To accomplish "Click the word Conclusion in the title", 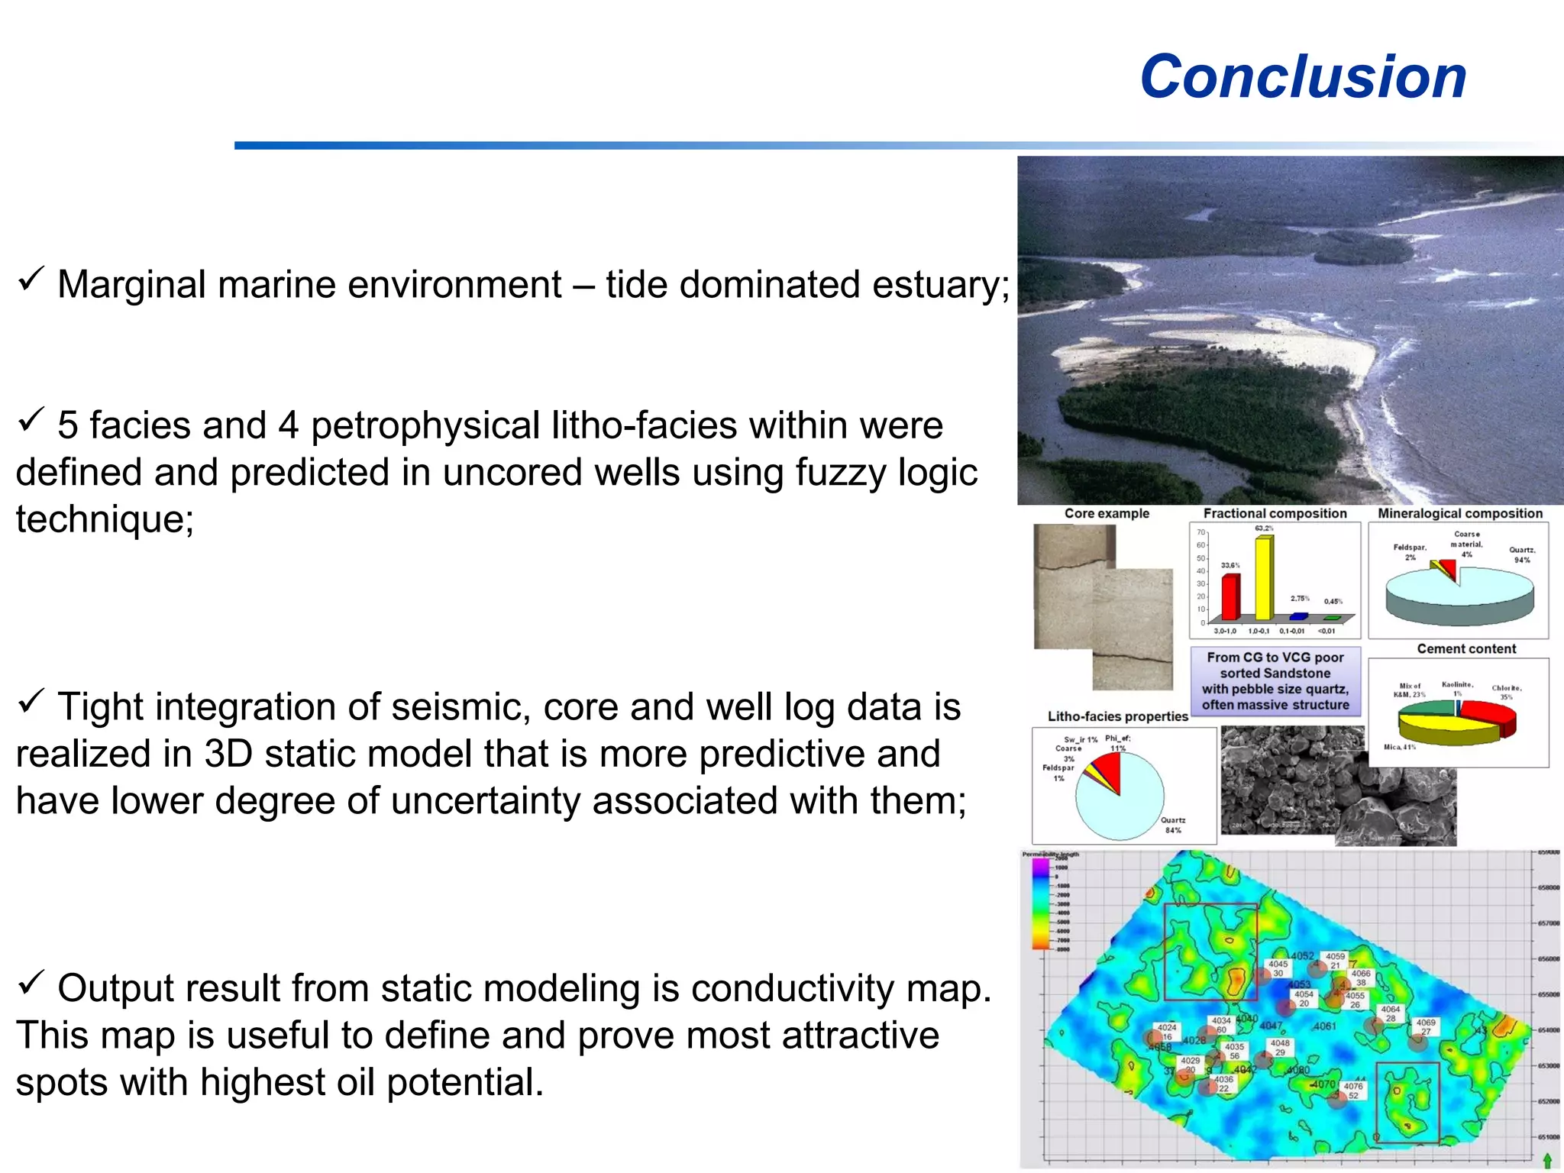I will pos(1303,77).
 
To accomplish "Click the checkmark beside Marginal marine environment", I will pos(31,280).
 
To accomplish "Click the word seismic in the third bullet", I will pos(446,706).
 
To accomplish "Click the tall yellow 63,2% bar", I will pos(1264,577).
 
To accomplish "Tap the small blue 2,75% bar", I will pos(1298,616).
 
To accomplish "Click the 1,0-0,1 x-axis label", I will pos(1259,631).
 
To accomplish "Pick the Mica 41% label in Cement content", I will pos(1399,747).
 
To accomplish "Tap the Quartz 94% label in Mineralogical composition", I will pos(1521,554).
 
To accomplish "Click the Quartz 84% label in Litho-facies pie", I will pos(1173,825).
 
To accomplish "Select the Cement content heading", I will pos(1466,648).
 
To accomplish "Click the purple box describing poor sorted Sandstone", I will pos(1275,681).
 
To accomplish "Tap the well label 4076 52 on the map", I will pos(1352,1091).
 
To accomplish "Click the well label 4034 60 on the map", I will pos(1221,1025).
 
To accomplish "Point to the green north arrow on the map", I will pos(1547,1160).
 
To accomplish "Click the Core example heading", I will pos(1107,513).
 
